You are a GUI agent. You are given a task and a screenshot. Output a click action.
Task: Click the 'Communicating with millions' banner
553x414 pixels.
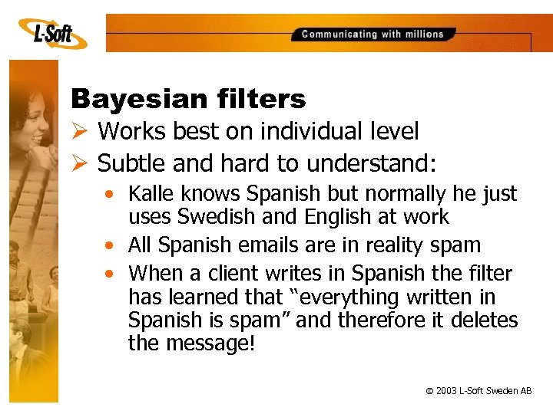373,34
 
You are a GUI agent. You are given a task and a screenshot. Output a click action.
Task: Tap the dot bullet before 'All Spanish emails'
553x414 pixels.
114,245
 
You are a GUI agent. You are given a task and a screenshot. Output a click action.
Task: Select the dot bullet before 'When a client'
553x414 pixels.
114,273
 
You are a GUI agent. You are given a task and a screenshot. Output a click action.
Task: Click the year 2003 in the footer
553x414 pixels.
446,391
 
